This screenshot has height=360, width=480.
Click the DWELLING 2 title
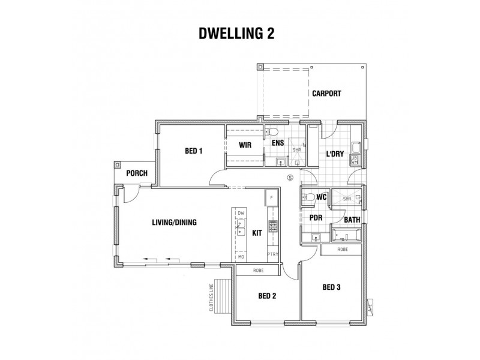point(238,34)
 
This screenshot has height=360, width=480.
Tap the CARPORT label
point(326,94)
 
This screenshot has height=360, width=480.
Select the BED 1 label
point(193,151)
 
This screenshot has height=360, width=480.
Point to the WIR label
point(244,145)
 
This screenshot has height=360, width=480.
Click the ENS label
point(277,144)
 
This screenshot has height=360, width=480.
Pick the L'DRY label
point(334,154)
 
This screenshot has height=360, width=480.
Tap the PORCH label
point(136,173)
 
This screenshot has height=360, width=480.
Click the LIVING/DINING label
point(174,222)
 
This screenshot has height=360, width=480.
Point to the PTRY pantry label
point(273,255)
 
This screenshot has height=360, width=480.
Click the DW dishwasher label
point(241,213)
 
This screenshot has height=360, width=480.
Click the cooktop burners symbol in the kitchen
point(272,226)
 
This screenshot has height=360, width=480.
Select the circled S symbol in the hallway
point(290,178)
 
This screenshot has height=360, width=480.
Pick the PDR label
point(316,218)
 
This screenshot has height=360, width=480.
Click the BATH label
point(352,220)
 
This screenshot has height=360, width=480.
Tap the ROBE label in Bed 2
point(257,271)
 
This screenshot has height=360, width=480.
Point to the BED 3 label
point(331,287)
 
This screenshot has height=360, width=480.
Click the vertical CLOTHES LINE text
point(212,298)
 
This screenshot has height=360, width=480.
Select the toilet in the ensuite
point(272,132)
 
